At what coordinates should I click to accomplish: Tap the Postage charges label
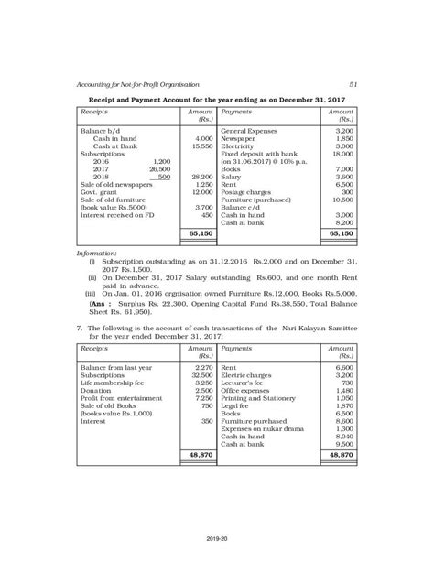coord(245,191)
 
